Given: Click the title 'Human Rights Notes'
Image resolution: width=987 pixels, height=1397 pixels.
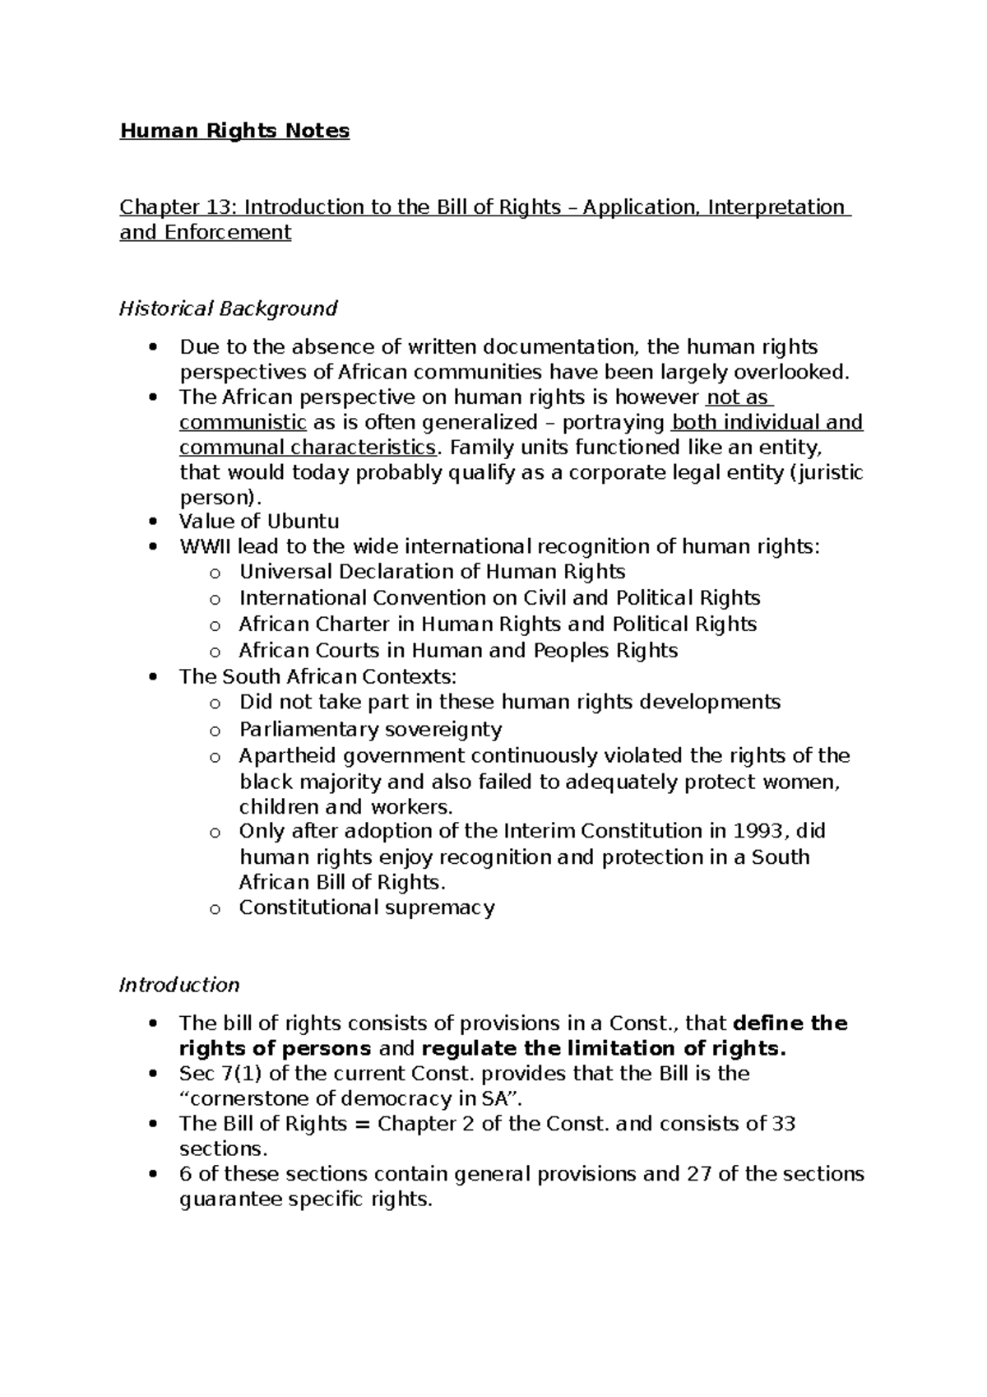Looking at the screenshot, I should (x=234, y=131).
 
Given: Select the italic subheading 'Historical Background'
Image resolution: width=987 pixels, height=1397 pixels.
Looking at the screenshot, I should (x=228, y=309).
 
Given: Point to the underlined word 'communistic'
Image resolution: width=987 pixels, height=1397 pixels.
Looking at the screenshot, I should (x=243, y=423).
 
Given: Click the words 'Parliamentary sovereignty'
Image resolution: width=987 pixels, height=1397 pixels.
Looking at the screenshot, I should (x=370, y=729).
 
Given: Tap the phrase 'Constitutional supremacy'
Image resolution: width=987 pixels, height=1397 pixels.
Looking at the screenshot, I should (x=367, y=907).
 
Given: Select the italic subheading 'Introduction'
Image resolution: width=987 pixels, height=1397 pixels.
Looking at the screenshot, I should (x=179, y=985).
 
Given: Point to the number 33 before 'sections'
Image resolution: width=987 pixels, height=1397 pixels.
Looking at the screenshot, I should (x=783, y=1124).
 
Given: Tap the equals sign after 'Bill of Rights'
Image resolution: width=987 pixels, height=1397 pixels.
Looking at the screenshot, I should (x=362, y=1124).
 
